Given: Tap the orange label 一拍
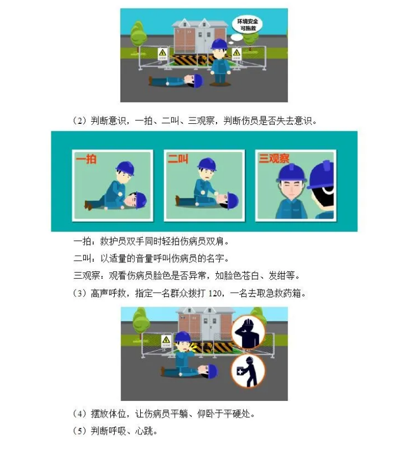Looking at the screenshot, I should [86, 159].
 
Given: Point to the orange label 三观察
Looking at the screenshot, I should [274, 158].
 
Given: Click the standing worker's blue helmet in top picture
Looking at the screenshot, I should [219, 45].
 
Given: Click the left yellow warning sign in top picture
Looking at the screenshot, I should [163, 54].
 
